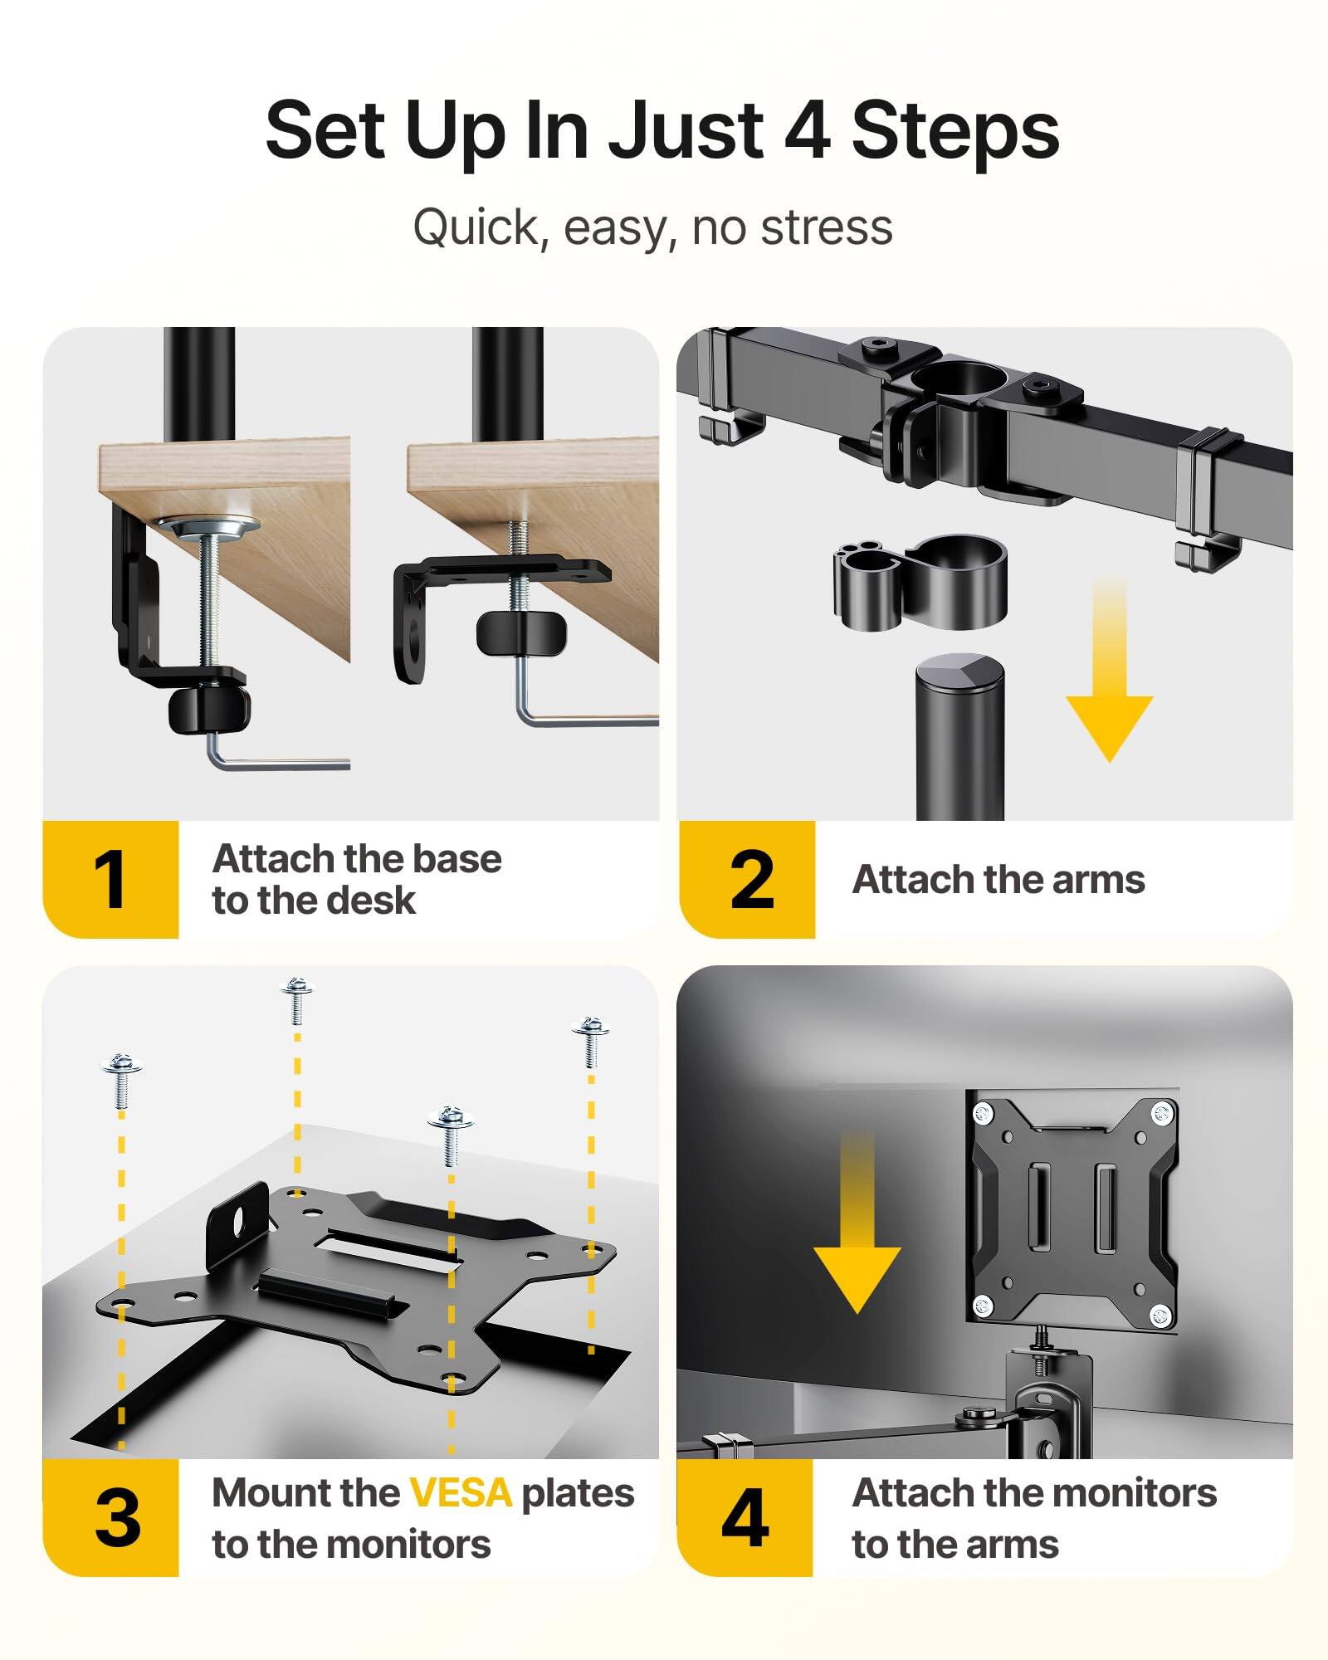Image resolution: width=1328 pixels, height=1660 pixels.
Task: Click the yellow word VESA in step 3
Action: pos(461,1493)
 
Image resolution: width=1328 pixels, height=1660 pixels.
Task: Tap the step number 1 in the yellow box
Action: pos(110,880)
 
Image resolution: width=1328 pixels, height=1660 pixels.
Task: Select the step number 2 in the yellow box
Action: pos(751,880)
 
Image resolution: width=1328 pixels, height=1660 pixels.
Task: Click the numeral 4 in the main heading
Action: pos(806,130)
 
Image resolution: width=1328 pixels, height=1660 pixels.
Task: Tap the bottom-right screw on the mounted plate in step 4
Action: pos(1160,1313)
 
